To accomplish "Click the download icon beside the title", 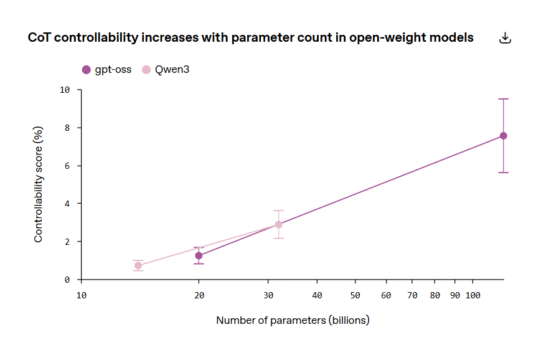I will click(x=506, y=38).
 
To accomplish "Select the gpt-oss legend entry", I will click(x=107, y=70).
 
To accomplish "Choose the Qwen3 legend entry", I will click(x=166, y=70).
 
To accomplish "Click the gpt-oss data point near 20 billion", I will click(x=199, y=255).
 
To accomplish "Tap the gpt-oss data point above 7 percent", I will click(x=503, y=136).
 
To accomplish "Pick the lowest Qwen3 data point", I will click(x=138, y=265).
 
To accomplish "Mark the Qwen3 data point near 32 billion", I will click(x=278, y=224).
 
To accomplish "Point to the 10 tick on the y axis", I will click(x=65, y=90).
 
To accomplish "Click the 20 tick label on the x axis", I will click(x=199, y=295).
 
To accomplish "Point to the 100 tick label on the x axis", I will click(x=473, y=295).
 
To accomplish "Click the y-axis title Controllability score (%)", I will click(x=39, y=184).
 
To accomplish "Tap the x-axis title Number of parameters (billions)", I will click(x=293, y=320).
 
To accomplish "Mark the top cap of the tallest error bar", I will click(x=503, y=99).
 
